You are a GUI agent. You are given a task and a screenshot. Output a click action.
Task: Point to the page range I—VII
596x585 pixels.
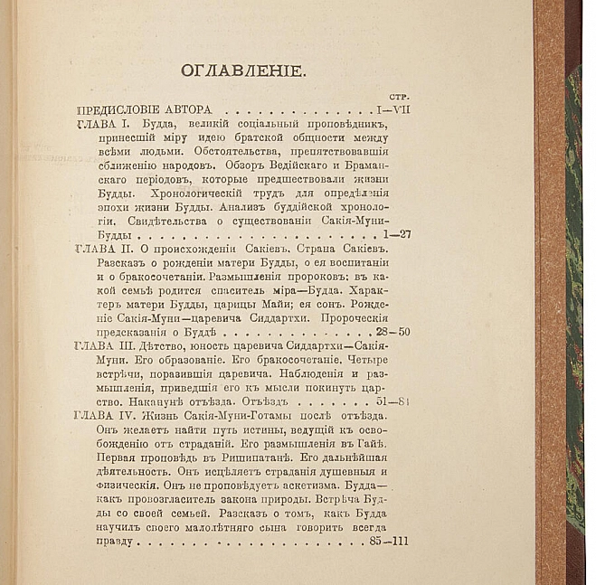click(x=390, y=109)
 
